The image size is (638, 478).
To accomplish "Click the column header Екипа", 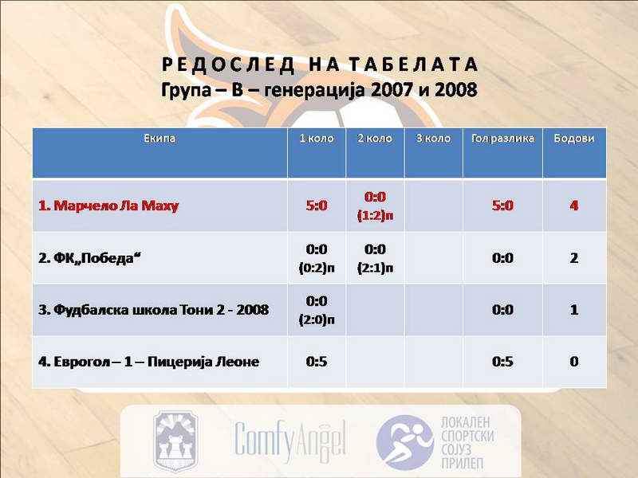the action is pyautogui.click(x=159, y=138).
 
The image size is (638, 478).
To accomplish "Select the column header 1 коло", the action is pyautogui.click(x=317, y=138).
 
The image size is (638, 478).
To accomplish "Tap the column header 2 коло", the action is pyautogui.click(x=375, y=138).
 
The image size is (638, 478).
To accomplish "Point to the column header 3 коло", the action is pyautogui.click(x=433, y=138).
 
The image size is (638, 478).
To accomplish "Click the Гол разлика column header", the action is pyautogui.click(x=502, y=138).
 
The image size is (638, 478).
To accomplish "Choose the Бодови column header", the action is pyautogui.click(x=573, y=138).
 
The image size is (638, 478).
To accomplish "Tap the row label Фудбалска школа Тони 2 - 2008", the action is pyautogui.click(x=153, y=310).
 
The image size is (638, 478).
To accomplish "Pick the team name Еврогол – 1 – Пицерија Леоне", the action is pyautogui.click(x=148, y=362).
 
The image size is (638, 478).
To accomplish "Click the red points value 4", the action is pyautogui.click(x=573, y=206).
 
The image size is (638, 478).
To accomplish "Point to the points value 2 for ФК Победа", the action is pyautogui.click(x=573, y=257).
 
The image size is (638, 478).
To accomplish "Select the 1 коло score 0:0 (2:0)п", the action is pyautogui.click(x=317, y=310).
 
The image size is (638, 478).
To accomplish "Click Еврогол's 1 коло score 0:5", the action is pyautogui.click(x=317, y=362).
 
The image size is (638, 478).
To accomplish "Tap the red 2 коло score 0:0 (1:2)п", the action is pyautogui.click(x=375, y=206).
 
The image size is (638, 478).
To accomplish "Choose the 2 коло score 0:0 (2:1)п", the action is pyautogui.click(x=375, y=258).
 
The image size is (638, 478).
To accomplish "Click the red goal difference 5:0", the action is pyautogui.click(x=502, y=206).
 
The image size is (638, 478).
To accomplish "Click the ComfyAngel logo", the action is pyautogui.click(x=290, y=441).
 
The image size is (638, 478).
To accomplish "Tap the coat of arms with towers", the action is pyautogui.click(x=175, y=441).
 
